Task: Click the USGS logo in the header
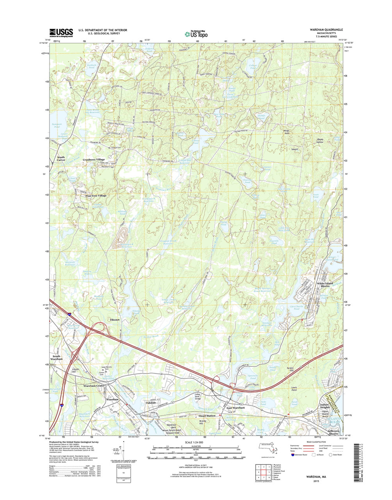click(61, 32)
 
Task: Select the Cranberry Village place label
click(94, 160)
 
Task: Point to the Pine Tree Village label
click(93, 195)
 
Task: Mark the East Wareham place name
click(236, 408)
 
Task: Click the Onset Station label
click(207, 416)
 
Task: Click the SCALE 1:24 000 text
click(196, 443)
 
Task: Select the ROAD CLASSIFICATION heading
click(316, 444)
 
